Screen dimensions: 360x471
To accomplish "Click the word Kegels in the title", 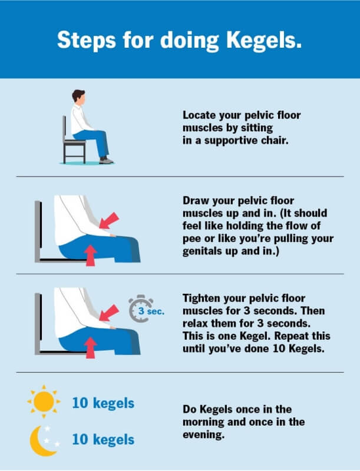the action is click(x=264, y=41).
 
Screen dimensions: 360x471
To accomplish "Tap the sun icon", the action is click(x=44, y=402).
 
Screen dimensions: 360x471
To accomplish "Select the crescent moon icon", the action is click(x=42, y=440).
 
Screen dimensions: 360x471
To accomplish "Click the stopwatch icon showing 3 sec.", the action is click(x=141, y=309).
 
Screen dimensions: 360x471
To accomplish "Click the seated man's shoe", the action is click(x=107, y=160).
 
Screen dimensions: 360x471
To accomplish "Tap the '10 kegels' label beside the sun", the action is click(x=103, y=403).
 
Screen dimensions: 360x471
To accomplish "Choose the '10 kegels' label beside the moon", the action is click(x=103, y=440).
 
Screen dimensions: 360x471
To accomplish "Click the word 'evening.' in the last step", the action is click(x=204, y=434).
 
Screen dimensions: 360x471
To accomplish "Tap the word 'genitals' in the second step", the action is click(x=202, y=251).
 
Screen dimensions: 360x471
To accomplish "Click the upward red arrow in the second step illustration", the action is click(x=91, y=256).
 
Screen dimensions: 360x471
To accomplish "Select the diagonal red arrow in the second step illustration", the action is click(x=109, y=221).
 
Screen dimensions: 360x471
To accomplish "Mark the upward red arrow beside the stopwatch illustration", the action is click(x=91, y=347).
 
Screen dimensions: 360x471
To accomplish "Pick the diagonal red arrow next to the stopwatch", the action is click(x=109, y=313).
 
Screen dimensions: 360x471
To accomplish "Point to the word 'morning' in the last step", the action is click(x=203, y=422).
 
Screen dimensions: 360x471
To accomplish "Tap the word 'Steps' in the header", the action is click(x=87, y=40).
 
